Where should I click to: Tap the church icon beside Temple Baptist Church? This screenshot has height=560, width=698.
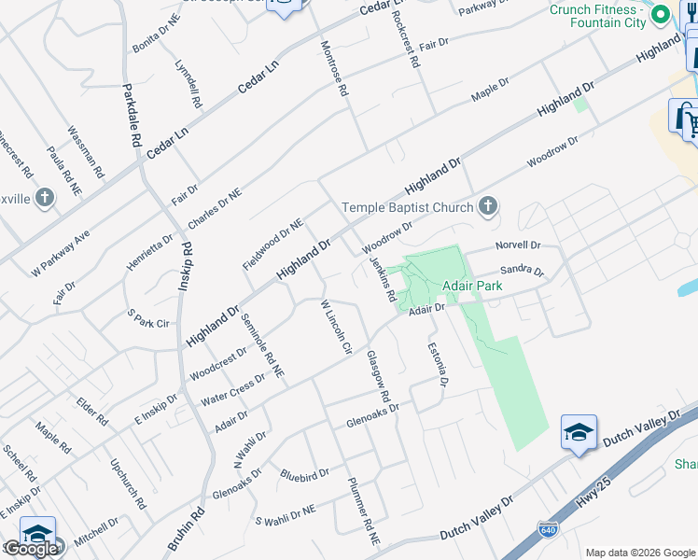tap(487, 206)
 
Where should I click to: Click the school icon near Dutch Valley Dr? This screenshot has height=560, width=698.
tap(579, 433)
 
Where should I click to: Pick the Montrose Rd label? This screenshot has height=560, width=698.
tap(333, 69)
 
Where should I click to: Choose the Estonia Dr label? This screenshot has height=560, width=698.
tap(439, 364)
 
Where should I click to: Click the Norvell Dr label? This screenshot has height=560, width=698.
tap(518, 245)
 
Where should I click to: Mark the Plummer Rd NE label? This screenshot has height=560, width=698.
tap(363, 511)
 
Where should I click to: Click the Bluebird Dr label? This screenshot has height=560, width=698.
tap(304, 475)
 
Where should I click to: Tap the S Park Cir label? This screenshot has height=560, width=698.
tap(150, 324)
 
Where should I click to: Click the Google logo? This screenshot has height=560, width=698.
tap(31, 550)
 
